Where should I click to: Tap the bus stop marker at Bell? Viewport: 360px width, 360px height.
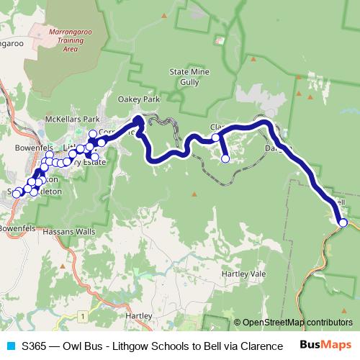pyautogui.click(x=343, y=223)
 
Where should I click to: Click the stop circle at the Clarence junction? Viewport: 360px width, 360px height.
pyautogui.click(x=215, y=137)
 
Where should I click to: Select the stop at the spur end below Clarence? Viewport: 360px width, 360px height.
pyautogui.click(x=225, y=159)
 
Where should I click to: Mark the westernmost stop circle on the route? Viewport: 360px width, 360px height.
pyautogui.click(x=16, y=194)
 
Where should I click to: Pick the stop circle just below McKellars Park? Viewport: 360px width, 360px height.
pyautogui.click(x=92, y=134)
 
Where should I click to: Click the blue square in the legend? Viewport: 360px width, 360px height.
pyautogui.click(x=10, y=346)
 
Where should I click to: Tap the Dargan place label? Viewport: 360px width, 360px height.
pyautogui.click(x=276, y=148)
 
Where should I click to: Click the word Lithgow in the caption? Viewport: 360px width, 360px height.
pyautogui.click(x=140, y=346)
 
